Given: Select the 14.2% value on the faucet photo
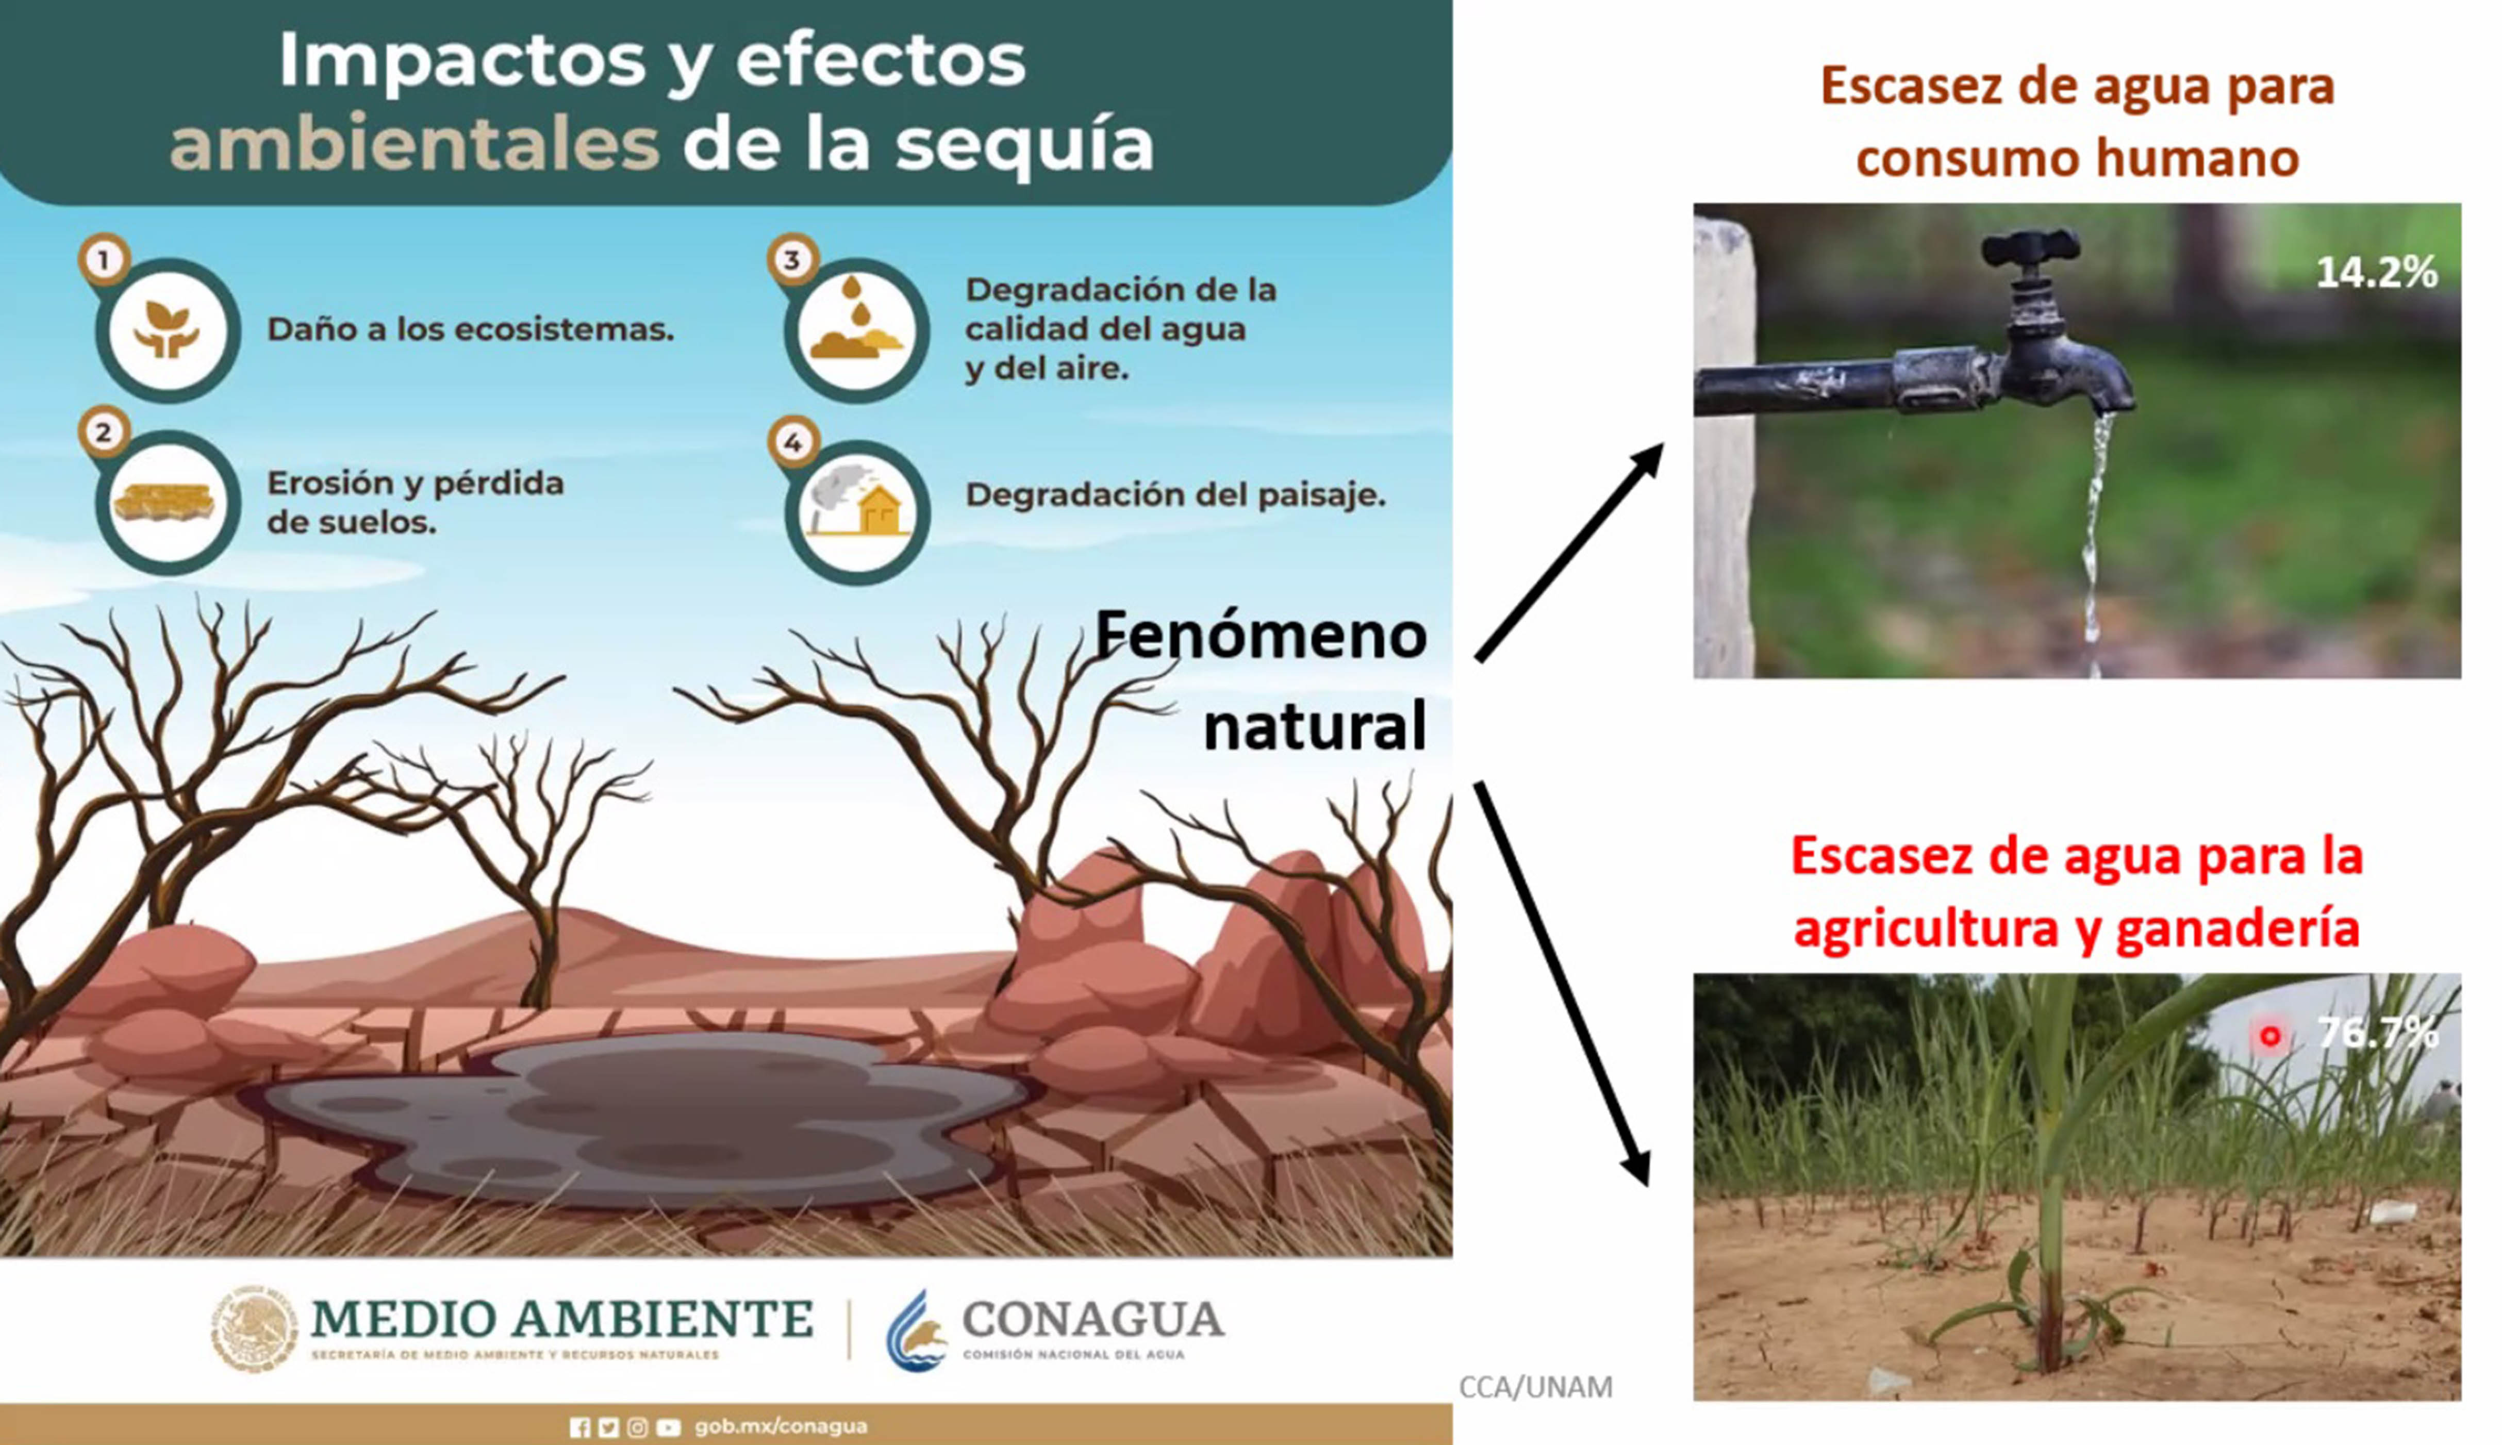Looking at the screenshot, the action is click(x=2377, y=272).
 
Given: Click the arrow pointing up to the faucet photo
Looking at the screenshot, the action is click(x=1569, y=552).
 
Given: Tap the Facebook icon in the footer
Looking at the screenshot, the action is click(x=579, y=1427).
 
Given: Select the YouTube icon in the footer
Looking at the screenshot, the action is click(x=668, y=1427).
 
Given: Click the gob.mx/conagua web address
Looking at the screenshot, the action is click(x=781, y=1426).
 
